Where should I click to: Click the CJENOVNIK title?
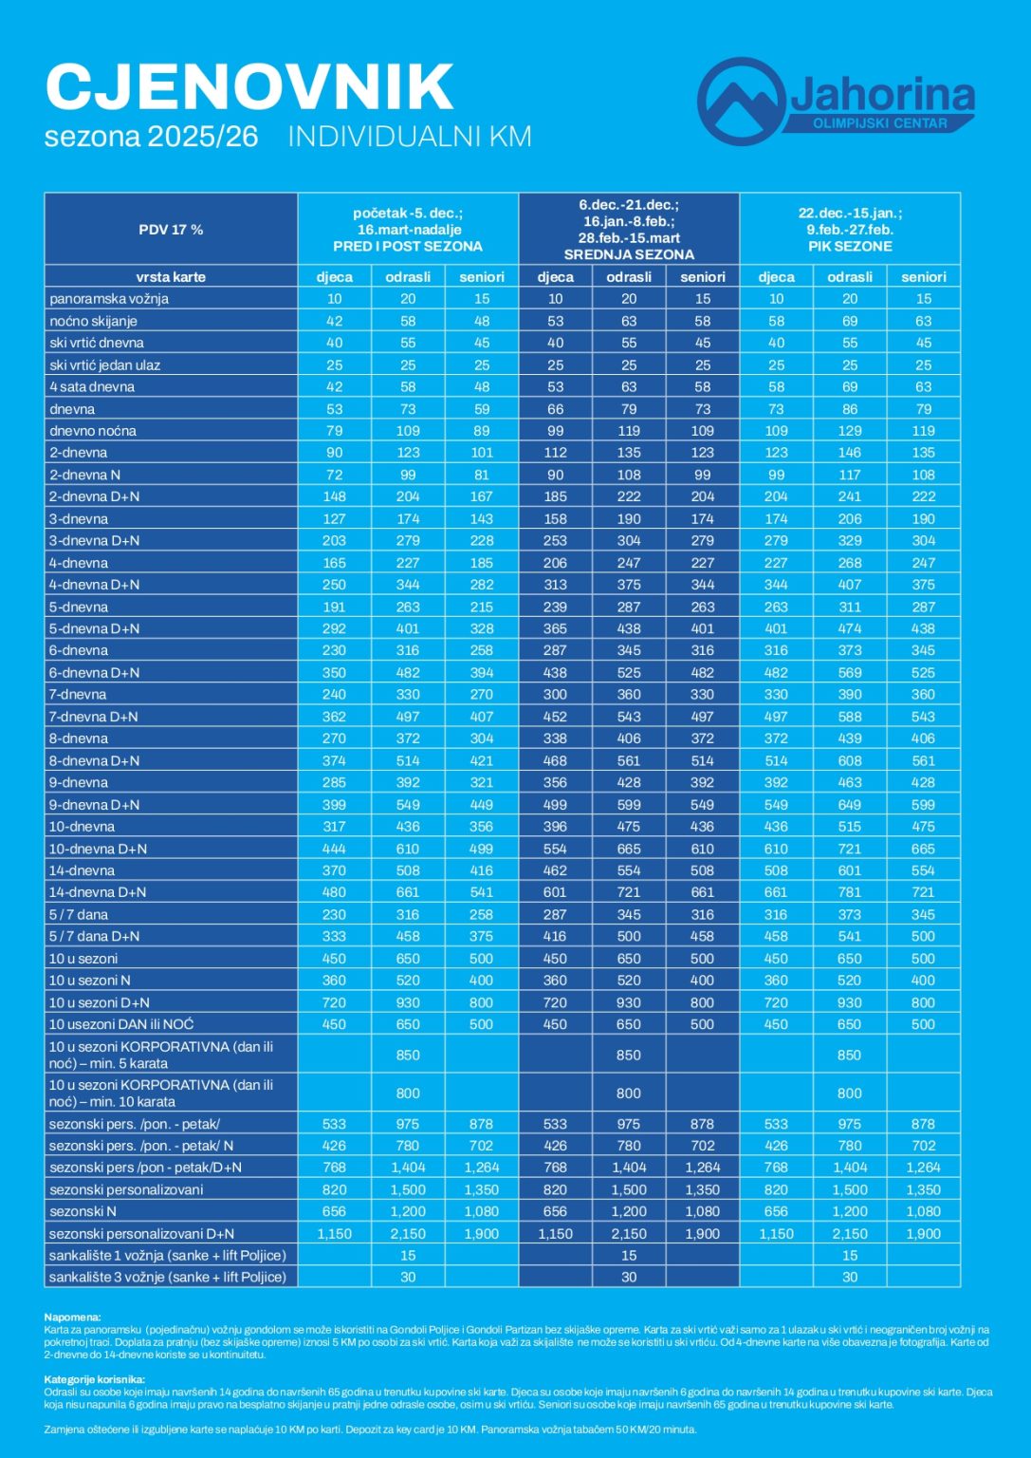tap(249, 87)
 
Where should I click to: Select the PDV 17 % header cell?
tap(171, 230)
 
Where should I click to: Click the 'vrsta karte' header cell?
tap(171, 277)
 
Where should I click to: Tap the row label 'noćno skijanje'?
tap(94, 321)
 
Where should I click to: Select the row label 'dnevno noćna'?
tap(93, 431)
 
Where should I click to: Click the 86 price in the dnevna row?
tap(850, 409)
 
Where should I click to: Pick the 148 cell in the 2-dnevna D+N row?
tap(334, 496)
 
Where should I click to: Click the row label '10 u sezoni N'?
tap(90, 981)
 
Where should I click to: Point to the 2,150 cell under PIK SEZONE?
tap(850, 1234)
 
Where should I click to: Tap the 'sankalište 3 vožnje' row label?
tap(167, 1278)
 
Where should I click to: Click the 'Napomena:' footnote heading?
tap(72, 1318)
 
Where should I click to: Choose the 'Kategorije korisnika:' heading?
tap(94, 1379)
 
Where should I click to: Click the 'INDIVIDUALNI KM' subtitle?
tap(410, 137)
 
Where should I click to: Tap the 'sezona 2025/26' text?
tap(152, 137)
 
